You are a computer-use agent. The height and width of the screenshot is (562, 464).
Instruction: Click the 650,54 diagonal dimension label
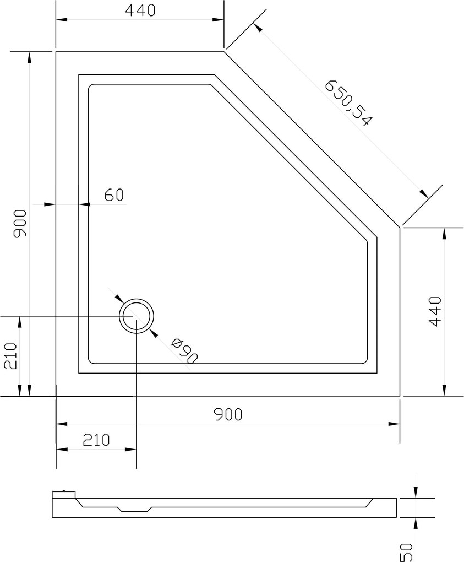tap(347, 103)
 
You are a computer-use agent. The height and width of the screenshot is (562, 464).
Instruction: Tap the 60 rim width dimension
tap(114, 195)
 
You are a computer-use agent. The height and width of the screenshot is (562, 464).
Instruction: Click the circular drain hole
tap(137, 316)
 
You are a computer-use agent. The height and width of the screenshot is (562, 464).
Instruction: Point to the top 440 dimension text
tap(140, 11)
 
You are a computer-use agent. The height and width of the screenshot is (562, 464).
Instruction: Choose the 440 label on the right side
tap(435, 311)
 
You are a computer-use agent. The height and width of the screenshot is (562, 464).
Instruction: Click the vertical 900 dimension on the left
tap(20, 224)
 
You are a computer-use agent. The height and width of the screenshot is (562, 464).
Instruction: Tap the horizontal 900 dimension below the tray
tap(228, 414)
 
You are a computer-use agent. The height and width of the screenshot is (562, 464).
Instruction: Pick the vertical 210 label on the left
tap(10, 356)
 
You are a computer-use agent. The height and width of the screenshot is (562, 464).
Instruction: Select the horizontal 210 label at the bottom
tap(96, 440)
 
